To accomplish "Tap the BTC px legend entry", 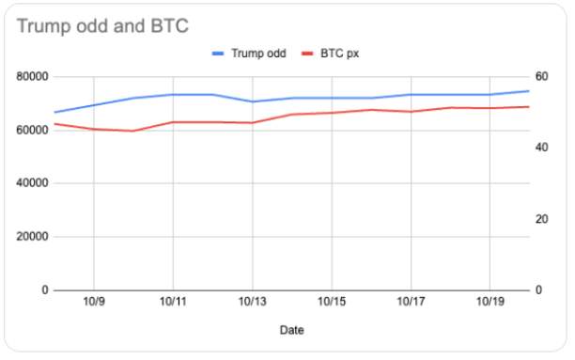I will click(x=336, y=54).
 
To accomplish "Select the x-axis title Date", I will click(x=291, y=330).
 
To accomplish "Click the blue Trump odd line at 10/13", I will click(x=252, y=102).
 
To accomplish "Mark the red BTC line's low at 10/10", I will click(x=133, y=131).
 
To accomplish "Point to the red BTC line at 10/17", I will click(x=410, y=112).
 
